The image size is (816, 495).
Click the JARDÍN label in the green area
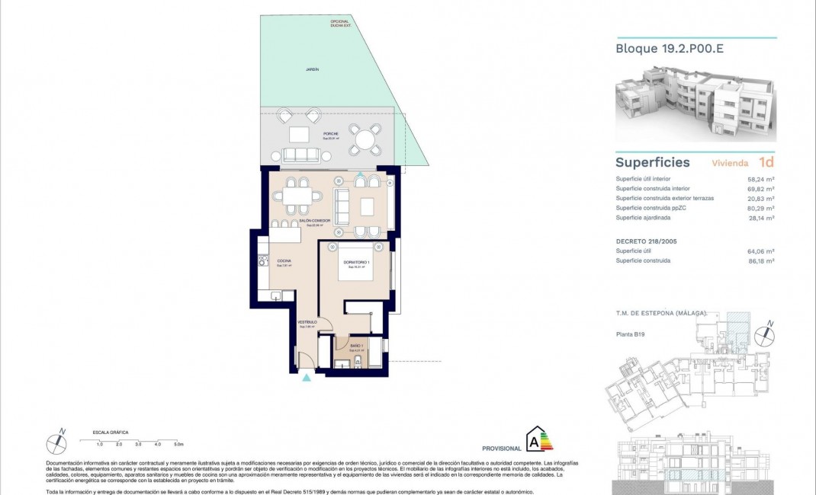pyautogui.click(x=312, y=69)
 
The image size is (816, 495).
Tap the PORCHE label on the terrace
pyautogui.click(x=309, y=133)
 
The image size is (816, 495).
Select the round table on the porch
pyautogui.click(x=366, y=140)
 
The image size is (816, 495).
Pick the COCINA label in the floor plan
pyautogui.click(x=284, y=260)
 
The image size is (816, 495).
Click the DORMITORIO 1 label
pyautogui.click(x=357, y=263)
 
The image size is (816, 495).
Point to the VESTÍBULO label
pyautogui.click(x=307, y=322)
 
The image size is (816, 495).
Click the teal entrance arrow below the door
pyautogui.click(x=307, y=377)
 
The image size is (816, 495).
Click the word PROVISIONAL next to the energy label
pyautogui.click(x=502, y=449)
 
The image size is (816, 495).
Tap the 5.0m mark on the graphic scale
pyautogui.click(x=178, y=443)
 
